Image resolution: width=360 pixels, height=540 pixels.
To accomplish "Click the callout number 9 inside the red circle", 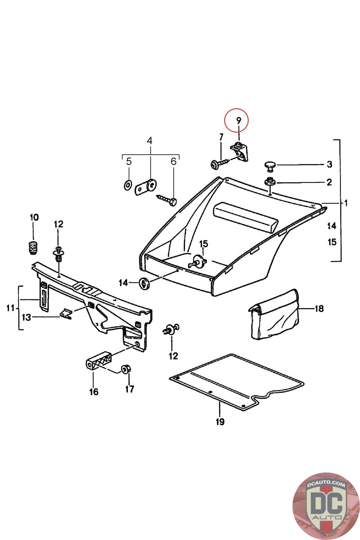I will [x=239, y=120].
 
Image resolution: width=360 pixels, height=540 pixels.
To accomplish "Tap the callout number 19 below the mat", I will [x=220, y=422].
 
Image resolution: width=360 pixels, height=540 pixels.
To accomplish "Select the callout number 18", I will [x=319, y=308].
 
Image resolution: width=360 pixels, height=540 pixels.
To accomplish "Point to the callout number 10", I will [x=34, y=217].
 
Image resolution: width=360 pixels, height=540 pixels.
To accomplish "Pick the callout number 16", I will [x=93, y=391].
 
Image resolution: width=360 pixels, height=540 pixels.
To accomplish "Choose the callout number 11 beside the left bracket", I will [x=10, y=307].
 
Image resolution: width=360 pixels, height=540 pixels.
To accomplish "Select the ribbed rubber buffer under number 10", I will [x=33, y=248].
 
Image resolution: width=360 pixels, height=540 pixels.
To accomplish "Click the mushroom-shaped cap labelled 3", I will [x=269, y=165].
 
